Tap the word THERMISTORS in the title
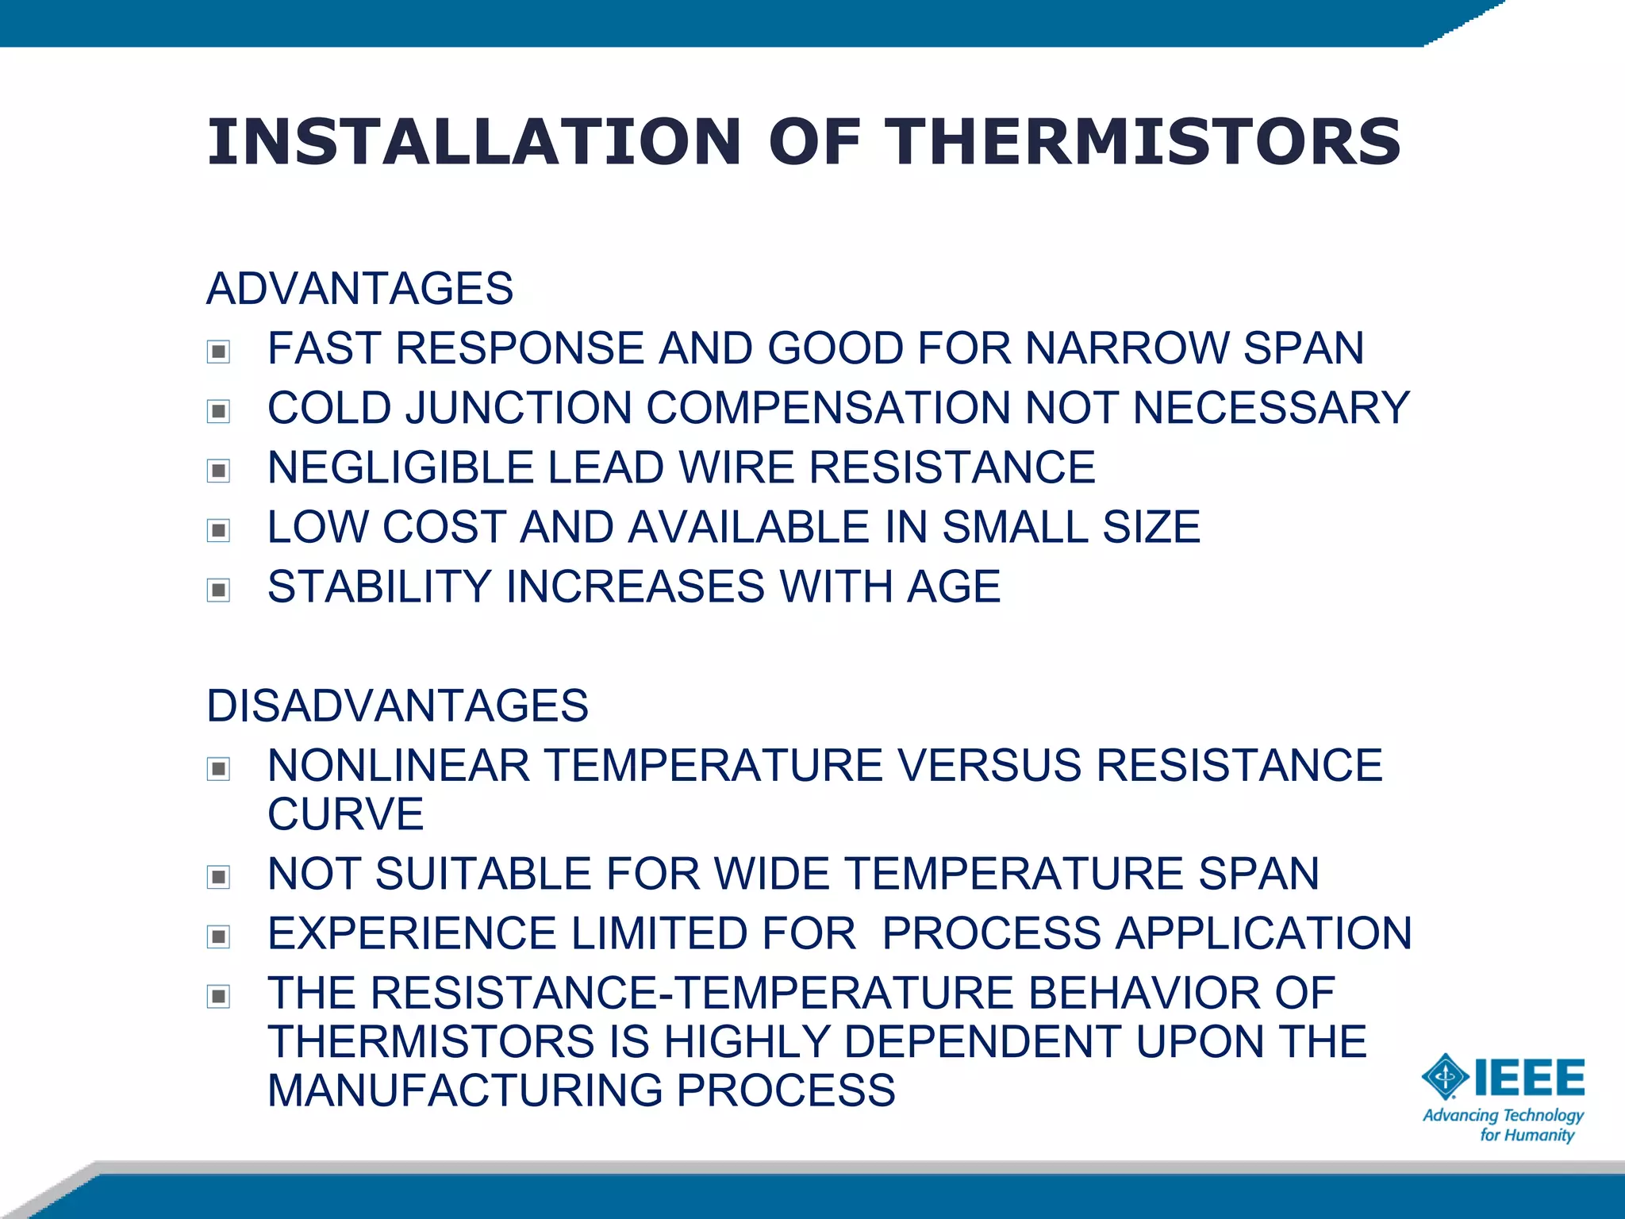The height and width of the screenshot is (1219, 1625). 1143,143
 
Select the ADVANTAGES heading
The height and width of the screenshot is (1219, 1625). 359,288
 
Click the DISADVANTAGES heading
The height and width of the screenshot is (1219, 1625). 397,706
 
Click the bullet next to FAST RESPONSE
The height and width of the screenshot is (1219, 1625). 218,351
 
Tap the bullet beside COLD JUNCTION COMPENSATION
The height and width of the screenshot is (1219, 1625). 218,410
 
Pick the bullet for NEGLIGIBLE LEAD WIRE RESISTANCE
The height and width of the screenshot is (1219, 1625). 218,470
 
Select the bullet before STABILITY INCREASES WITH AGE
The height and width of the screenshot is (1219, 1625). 218,590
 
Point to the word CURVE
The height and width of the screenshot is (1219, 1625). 345,814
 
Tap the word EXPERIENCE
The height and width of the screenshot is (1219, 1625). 412,933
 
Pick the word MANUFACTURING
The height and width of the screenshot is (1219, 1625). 465,1090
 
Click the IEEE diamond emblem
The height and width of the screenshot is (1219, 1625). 1446,1077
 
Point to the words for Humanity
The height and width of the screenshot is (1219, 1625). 1527,1136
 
